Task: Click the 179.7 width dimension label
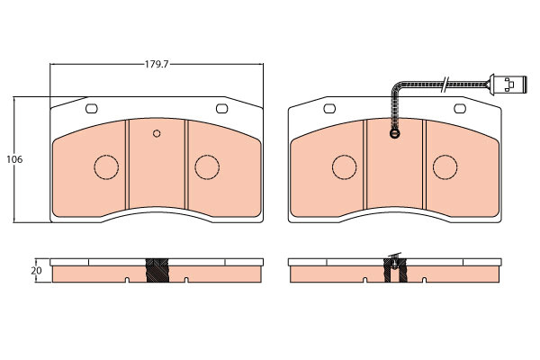coord(156,65)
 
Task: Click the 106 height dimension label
coord(14,159)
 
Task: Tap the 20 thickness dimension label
coord(36,271)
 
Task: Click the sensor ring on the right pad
coord(395,133)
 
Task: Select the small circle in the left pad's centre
coord(157,133)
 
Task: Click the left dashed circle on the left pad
coord(106,167)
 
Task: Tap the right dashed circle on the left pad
coord(207,167)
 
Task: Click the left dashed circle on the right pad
coord(345,167)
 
